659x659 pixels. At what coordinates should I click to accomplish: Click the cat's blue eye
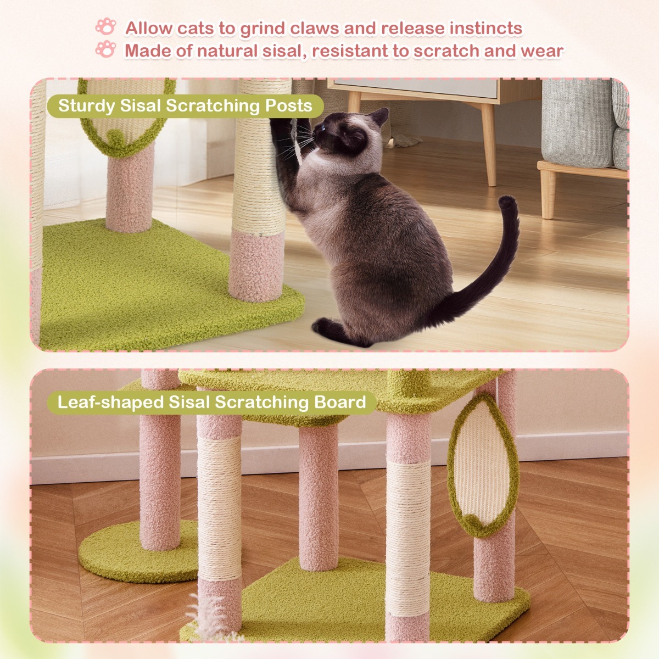point(324,130)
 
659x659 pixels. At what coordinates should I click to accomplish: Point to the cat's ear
point(379,116)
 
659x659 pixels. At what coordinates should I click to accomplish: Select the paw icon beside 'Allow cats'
point(106,26)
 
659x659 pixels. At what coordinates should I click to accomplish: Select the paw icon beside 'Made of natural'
point(105,49)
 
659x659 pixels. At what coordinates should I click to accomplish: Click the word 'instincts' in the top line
point(485,28)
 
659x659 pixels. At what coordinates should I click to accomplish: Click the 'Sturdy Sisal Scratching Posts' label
point(185,105)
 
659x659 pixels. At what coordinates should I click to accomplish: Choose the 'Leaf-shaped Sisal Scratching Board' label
point(211,402)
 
